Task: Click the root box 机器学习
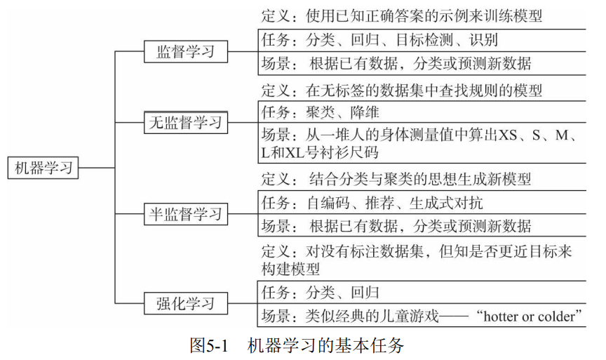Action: point(43,168)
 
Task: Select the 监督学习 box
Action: point(185,51)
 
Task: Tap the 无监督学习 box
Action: point(185,122)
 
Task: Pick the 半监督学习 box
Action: point(185,213)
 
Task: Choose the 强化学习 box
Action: point(185,304)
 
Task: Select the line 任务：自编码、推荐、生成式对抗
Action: point(372,203)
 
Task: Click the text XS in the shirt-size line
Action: point(508,135)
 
